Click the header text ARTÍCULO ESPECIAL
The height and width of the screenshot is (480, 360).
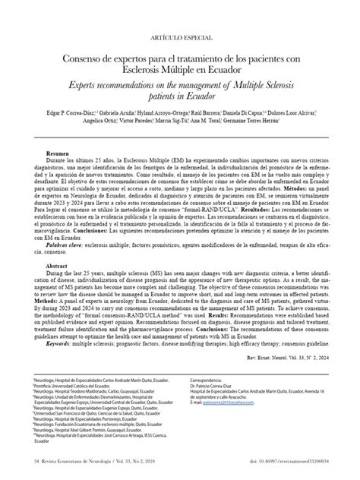pos(180,36)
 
